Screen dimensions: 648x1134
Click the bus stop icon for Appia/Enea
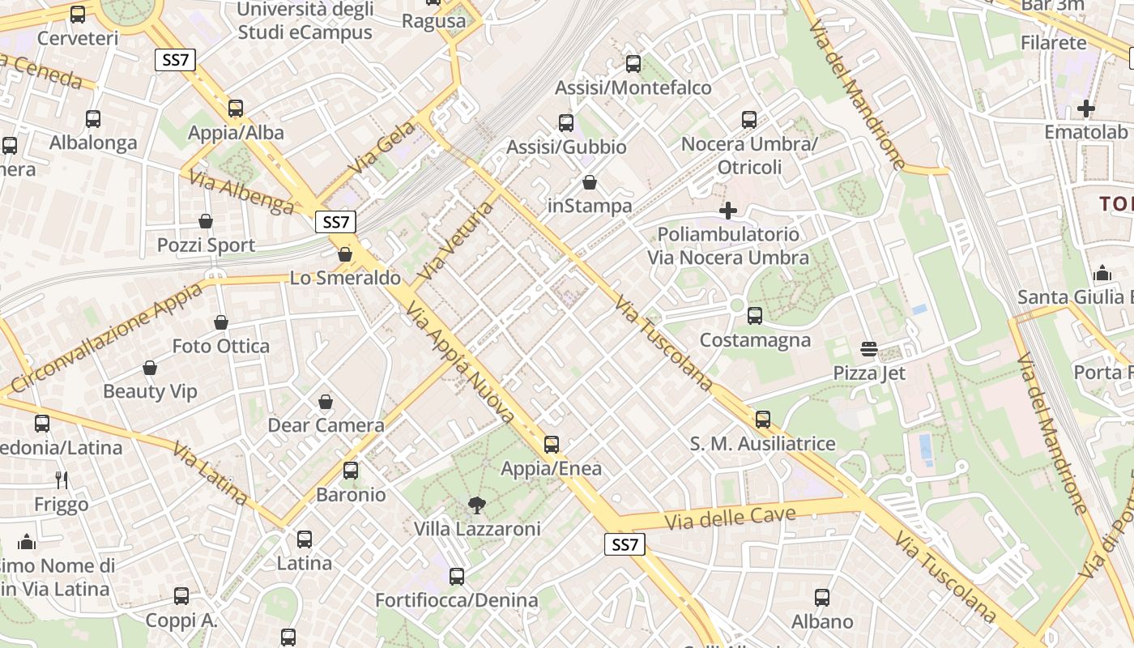552,444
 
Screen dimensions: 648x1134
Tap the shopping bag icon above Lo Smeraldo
345,254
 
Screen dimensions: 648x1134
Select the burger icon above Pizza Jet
869,349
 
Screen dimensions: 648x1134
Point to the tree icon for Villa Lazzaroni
477,505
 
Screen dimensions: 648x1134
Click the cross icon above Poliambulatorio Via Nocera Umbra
728,211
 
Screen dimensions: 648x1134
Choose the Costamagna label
755,340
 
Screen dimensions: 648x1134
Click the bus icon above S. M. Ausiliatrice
762,420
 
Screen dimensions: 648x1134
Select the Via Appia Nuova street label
460,362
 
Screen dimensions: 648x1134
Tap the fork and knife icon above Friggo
62,480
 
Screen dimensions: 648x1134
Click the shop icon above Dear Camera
326,402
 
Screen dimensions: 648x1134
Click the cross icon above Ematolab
1086,108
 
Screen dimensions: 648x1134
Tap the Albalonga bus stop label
93,143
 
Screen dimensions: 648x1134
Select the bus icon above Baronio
351,470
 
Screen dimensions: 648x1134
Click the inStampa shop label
590,206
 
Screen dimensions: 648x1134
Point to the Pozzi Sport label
206,245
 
